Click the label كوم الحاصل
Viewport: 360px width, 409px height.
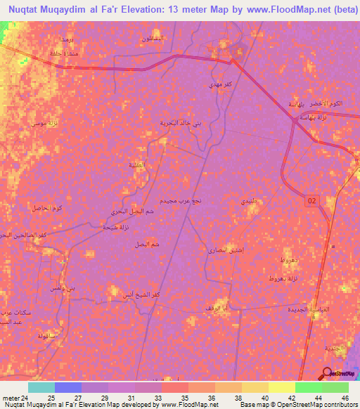point(48,208)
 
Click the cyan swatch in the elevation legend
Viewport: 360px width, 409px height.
point(41,387)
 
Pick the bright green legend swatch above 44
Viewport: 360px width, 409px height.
point(309,387)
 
